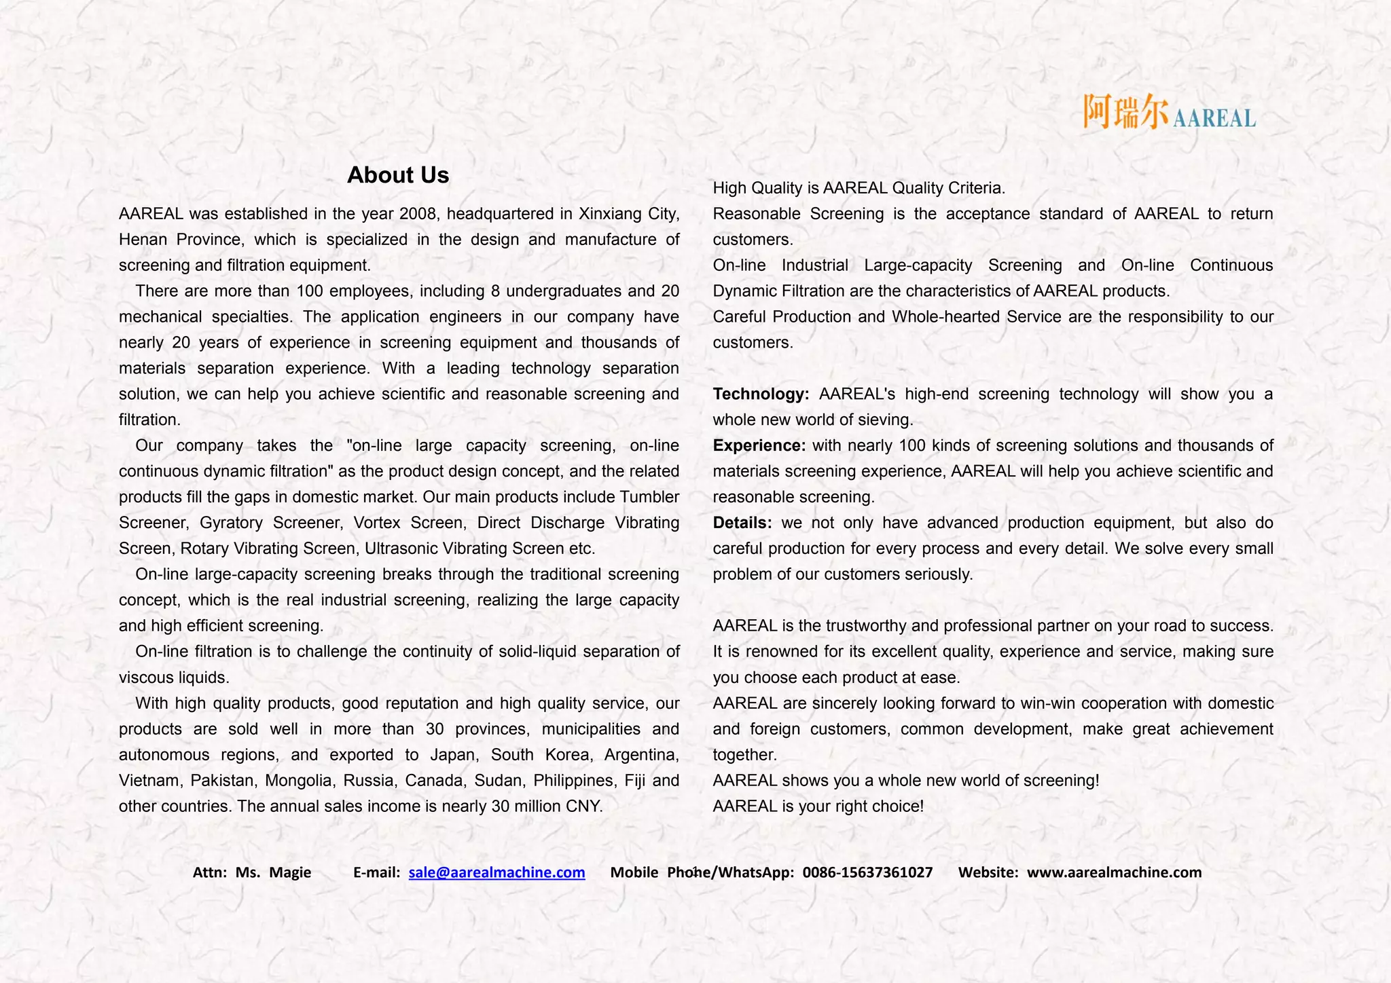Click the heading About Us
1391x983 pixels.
pos(398,175)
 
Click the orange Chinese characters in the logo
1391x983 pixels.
pos(1125,112)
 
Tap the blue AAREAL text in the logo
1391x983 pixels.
pos(1214,119)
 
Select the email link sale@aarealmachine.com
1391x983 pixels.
pos(496,872)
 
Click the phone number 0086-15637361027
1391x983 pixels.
pos(867,872)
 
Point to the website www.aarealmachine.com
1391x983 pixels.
pos(1114,872)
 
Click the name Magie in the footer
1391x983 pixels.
pos(290,872)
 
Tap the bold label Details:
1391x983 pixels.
pos(742,523)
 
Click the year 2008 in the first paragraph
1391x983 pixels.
pos(418,214)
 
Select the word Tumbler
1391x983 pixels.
pos(649,497)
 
